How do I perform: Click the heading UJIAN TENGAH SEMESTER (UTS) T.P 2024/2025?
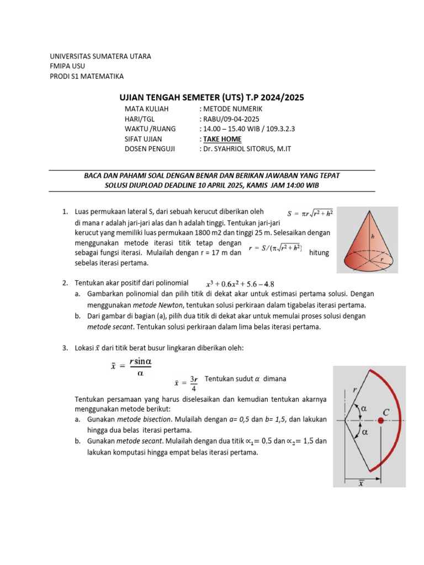click(x=212, y=98)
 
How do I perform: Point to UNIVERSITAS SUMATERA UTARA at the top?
click(x=100, y=56)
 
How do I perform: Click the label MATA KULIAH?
click(x=146, y=109)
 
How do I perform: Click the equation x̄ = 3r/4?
click(x=185, y=382)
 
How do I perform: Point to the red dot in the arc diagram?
click(x=381, y=420)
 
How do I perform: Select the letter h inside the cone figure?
click(x=373, y=236)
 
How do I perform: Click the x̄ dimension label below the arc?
click(x=361, y=483)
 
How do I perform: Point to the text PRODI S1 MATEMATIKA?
click(x=87, y=76)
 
